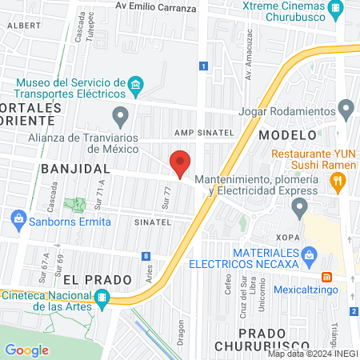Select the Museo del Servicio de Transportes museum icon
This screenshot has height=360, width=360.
pyautogui.click(x=136, y=84)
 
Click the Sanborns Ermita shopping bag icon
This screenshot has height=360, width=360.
pyautogui.click(x=17, y=218)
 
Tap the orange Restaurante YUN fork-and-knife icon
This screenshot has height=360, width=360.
pyautogui.click(x=338, y=182)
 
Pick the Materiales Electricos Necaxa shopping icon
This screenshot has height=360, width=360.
pyautogui.click(x=314, y=257)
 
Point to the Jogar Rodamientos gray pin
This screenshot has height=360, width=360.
pyautogui.click(x=346, y=107)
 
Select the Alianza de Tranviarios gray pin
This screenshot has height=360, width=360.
pyautogui.click(x=120, y=118)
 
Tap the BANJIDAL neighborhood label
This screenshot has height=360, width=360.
pyautogui.click(x=74, y=169)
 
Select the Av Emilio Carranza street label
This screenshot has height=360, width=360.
pyautogui.click(x=155, y=8)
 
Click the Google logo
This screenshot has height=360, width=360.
pyautogui.click(x=26, y=350)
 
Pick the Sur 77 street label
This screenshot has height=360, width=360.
pyautogui.click(x=166, y=196)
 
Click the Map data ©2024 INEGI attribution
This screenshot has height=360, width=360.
pyautogui.click(x=312, y=354)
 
